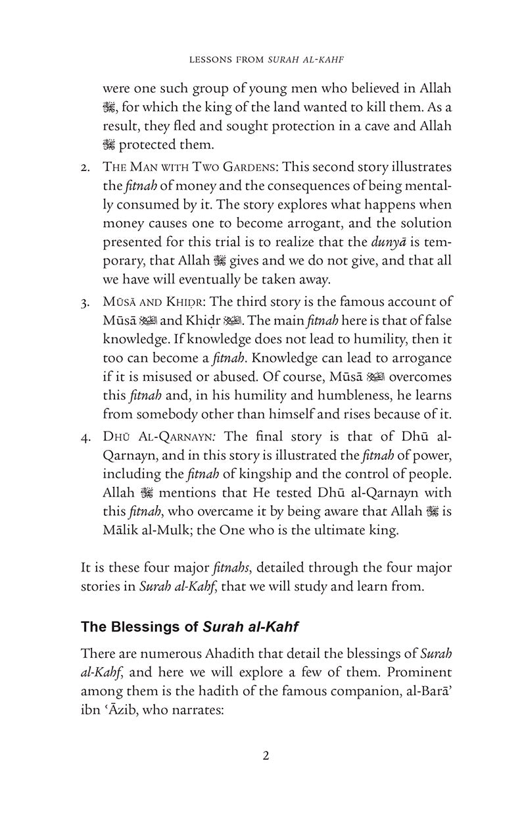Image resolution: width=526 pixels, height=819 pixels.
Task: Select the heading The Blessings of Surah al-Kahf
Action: click(189, 627)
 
